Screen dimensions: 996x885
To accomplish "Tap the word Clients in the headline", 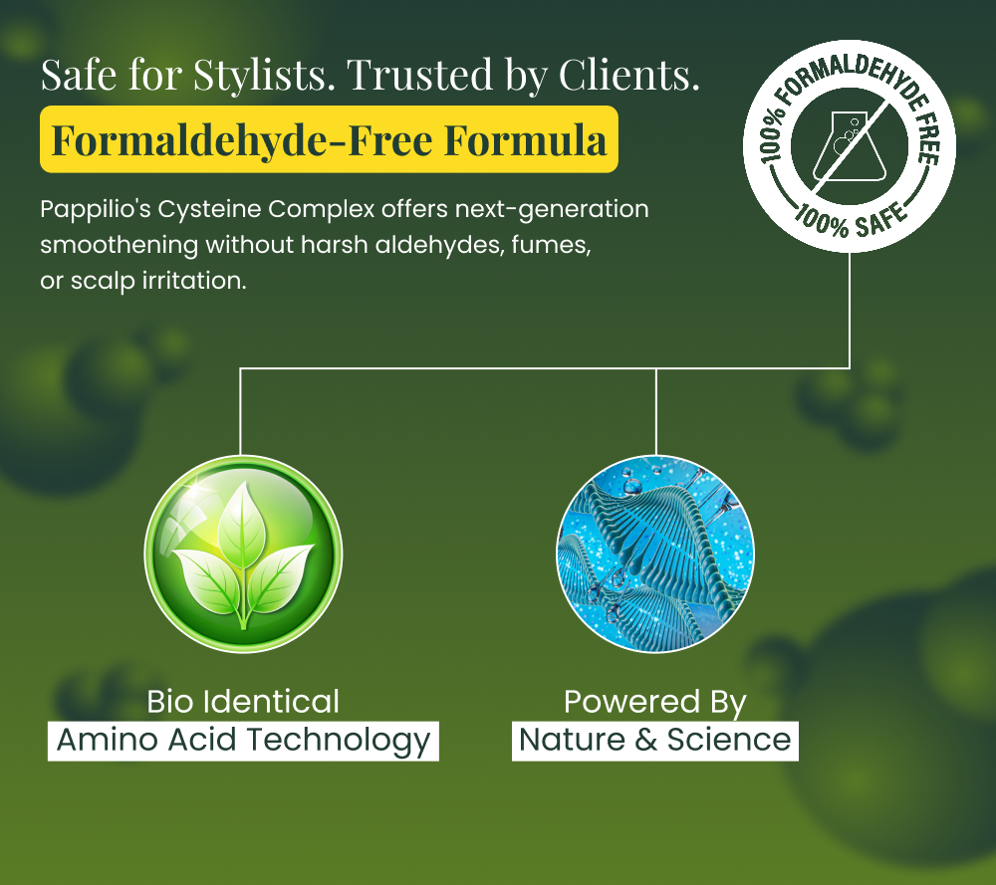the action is (628, 75).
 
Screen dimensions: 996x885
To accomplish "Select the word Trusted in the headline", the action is (420, 75).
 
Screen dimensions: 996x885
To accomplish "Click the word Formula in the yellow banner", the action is (525, 139).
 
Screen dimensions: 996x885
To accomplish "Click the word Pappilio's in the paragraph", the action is (96, 209).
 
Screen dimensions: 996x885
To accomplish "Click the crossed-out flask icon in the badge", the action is (850, 146).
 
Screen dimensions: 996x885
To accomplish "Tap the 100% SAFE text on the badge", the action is (852, 220).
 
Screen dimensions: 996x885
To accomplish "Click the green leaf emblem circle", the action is (243, 553).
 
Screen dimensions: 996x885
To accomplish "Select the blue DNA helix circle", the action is (655, 553).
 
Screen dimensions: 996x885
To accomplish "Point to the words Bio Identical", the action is (243, 702).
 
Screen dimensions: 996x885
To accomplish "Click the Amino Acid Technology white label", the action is (243, 741).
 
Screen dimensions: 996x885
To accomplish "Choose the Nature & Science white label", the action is (655, 741).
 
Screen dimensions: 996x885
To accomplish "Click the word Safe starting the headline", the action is (79, 75).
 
